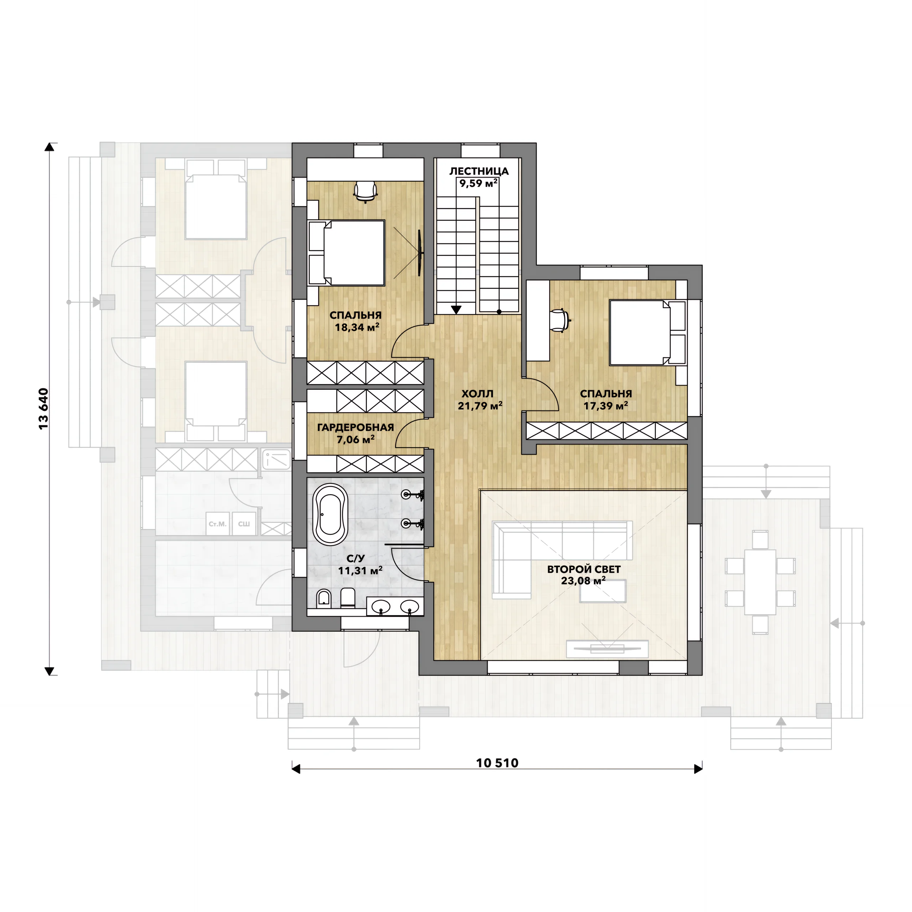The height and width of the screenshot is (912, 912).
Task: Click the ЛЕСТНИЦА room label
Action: click(479, 171)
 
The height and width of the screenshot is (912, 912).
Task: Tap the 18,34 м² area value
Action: click(357, 327)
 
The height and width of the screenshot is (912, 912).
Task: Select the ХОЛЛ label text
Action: click(477, 394)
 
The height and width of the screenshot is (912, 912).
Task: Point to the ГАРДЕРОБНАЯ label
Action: click(356, 427)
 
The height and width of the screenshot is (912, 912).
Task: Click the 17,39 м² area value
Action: click(606, 405)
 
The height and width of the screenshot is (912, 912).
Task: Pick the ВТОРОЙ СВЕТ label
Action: click(584, 569)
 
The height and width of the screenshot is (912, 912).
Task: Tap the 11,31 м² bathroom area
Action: click(360, 570)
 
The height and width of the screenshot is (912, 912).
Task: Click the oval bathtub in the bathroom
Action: click(331, 514)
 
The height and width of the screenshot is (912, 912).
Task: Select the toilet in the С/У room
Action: click(347, 598)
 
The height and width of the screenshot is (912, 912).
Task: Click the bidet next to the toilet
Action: click(323, 598)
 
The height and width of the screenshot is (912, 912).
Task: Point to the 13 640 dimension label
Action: click(43, 409)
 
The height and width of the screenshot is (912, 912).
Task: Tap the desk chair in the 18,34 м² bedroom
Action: click(366, 191)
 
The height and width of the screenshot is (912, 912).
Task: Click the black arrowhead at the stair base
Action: click(456, 310)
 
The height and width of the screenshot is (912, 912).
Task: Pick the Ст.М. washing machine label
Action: click(218, 524)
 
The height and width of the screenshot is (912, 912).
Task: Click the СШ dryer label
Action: click(244, 524)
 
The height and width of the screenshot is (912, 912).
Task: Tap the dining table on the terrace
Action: click(760, 582)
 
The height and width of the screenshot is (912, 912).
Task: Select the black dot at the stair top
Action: click(499, 312)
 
